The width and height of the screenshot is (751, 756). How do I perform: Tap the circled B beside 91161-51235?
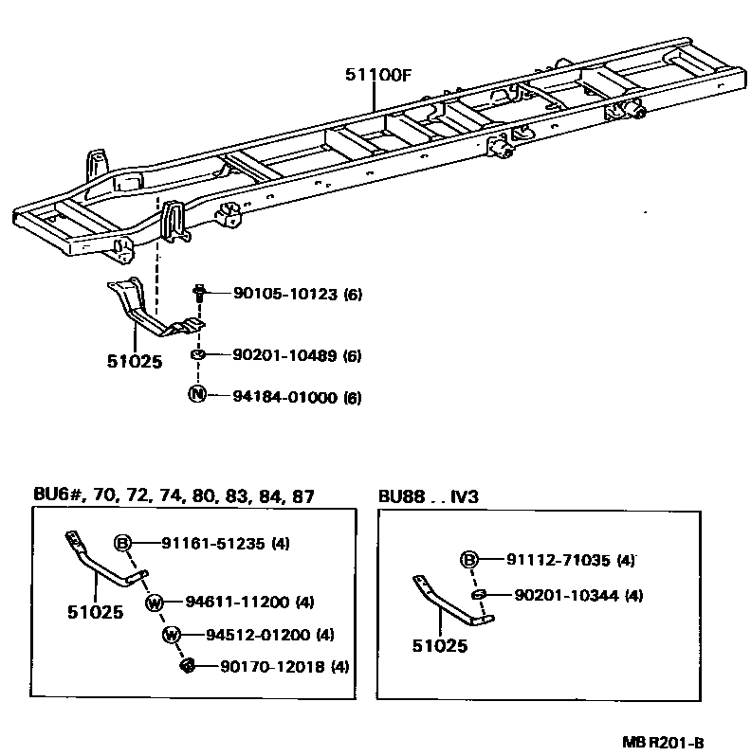tap(122, 543)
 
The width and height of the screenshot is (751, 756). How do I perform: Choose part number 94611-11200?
tap(237, 602)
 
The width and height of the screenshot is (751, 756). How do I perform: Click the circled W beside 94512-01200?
tap(171, 634)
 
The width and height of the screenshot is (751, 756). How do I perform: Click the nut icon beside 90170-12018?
tap(188, 666)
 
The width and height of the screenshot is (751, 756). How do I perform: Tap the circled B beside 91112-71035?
tap(468, 560)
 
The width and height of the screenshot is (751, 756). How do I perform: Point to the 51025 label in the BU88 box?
tap(440, 647)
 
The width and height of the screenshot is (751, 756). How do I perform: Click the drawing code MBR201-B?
tap(664, 743)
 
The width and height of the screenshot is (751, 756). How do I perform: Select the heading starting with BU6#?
tap(172, 496)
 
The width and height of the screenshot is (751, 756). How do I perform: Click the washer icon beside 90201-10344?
tap(479, 595)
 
